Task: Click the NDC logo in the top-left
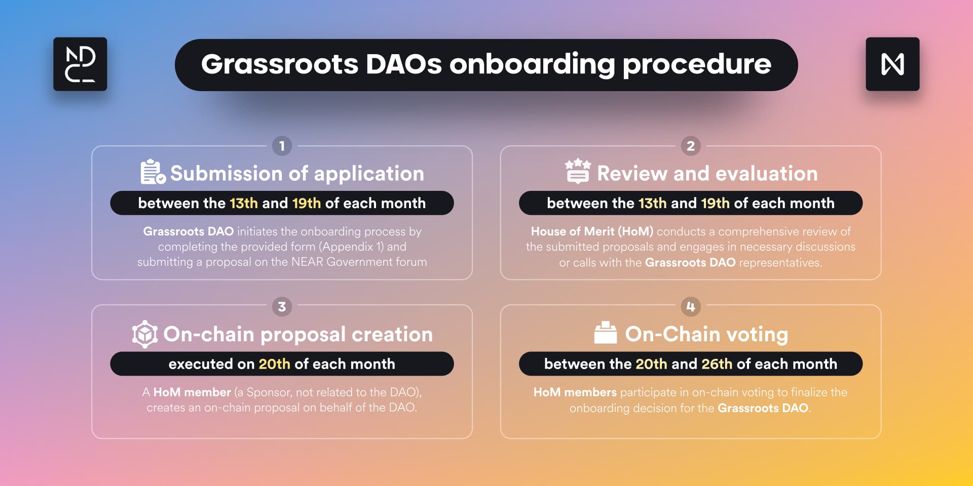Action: pos(80,64)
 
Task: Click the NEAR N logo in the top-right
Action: pos(892,64)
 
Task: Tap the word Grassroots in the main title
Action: pos(280,64)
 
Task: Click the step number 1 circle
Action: pos(282,146)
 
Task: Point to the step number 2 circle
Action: pos(691,146)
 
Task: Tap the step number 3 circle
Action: pos(282,306)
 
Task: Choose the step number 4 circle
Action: pos(691,306)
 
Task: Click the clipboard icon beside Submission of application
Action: pos(153,172)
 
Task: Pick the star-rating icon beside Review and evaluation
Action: pos(578,171)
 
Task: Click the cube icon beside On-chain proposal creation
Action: pos(145,334)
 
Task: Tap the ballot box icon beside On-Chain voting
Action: pos(606,333)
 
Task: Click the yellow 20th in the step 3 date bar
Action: pos(275,364)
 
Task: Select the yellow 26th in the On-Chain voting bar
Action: pos(717,364)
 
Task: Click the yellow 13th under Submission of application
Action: pos(244,203)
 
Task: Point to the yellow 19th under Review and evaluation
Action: pos(716,203)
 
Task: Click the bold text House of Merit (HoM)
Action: pos(592,231)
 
